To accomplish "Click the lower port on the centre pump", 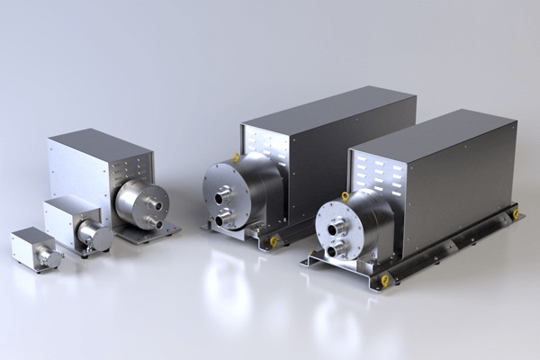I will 220,216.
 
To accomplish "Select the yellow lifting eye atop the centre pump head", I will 237,157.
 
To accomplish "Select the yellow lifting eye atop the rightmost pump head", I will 345,195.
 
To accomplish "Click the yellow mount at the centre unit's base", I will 274,241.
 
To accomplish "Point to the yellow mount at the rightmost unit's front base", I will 385,280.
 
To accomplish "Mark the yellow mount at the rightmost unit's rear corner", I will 515,214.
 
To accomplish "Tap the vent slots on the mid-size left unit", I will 133,166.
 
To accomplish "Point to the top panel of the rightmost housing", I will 432,131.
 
